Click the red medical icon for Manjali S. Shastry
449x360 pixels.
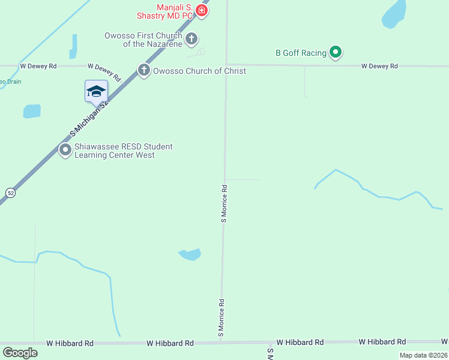tap(202, 11)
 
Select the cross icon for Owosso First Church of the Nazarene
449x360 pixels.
tap(191, 40)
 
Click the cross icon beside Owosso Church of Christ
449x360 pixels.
tap(144, 71)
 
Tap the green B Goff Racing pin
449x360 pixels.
tap(336, 53)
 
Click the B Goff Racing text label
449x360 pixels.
tap(301, 53)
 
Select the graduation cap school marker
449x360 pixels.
tap(96, 91)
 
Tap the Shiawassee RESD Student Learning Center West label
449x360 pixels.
tap(123, 151)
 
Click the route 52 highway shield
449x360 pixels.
tap(11, 192)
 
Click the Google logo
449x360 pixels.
tap(20, 353)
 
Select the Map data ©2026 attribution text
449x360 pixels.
tap(423, 355)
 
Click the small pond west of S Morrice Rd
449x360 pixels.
tap(190, 254)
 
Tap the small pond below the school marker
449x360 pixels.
tap(31, 111)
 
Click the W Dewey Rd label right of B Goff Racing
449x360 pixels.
tap(379, 66)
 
